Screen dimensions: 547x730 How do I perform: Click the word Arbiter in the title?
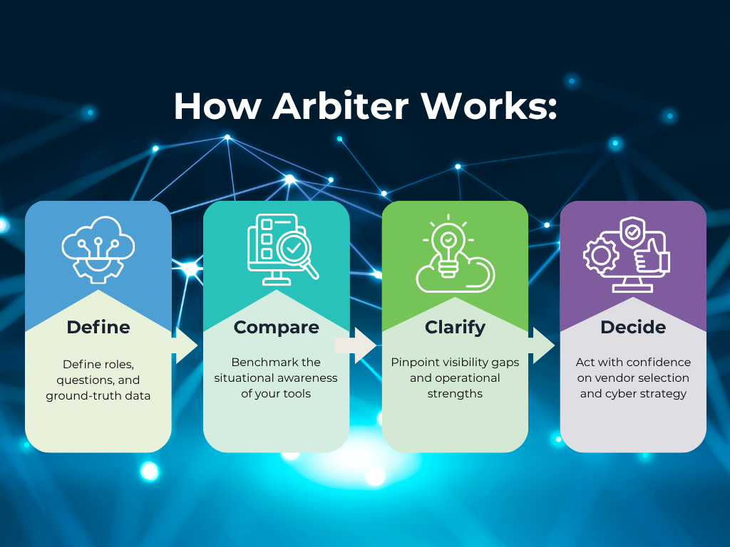pyautogui.click(x=340, y=106)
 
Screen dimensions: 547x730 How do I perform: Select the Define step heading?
pyautogui.click(x=98, y=327)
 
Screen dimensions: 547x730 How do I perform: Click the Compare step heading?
pyautogui.click(x=277, y=327)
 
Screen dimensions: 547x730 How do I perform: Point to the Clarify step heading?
pyautogui.click(x=455, y=327)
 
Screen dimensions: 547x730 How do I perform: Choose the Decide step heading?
pyautogui.click(x=633, y=327)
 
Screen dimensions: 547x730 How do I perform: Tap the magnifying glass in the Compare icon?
pyautogui.click(x=296, y=251)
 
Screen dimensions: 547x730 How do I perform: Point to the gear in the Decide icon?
pyautogui.click(x=600, y=254)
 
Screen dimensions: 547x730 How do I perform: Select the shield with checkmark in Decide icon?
pyautogui.click(x=631, y=232)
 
